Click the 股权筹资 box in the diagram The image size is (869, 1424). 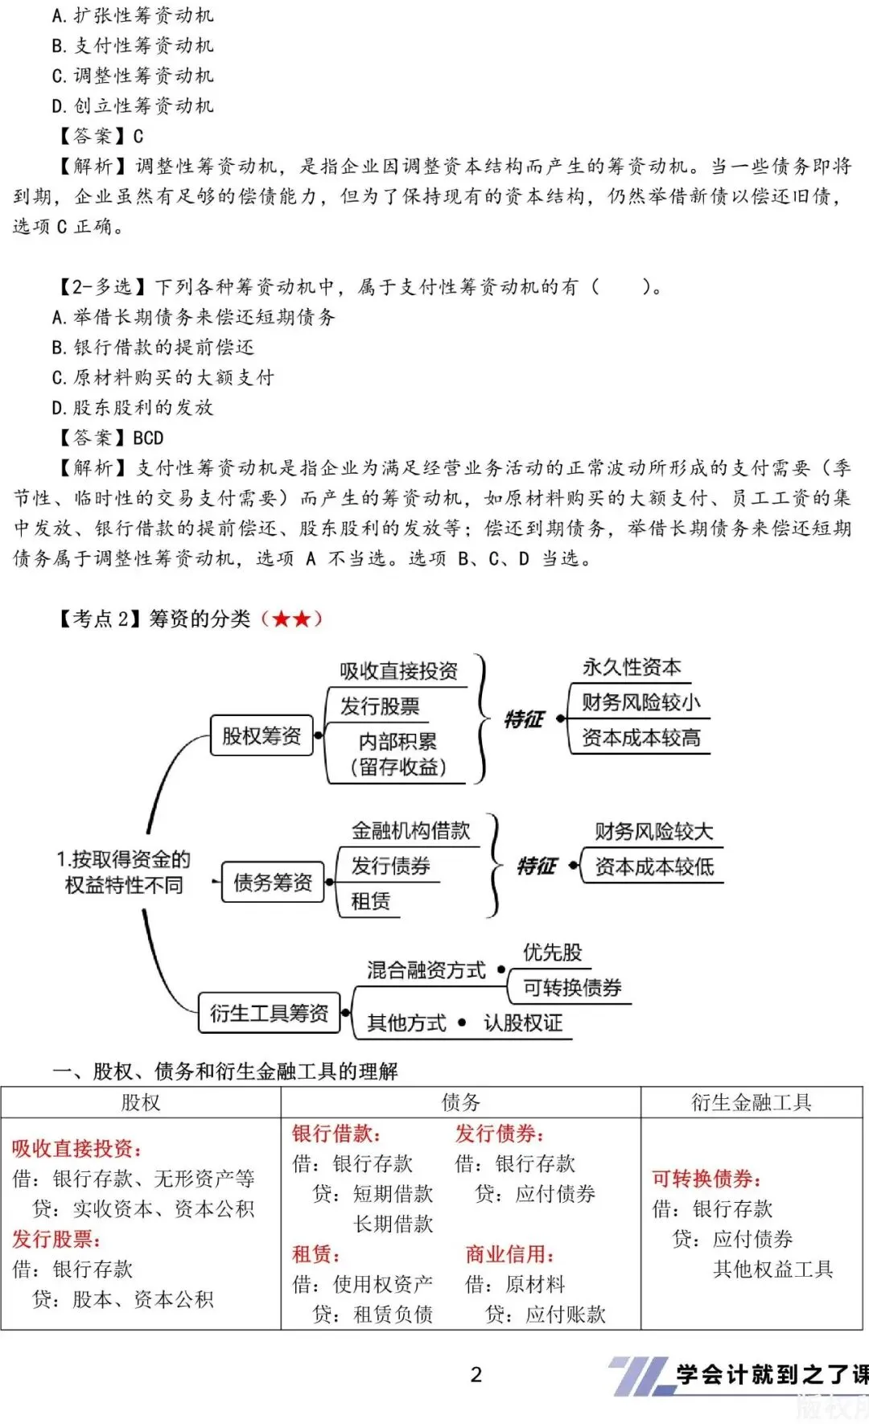[262, 736]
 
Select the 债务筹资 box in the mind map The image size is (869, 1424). [273, 883]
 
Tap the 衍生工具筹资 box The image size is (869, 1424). [269, 1013]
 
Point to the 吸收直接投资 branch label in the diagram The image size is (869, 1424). [398, 671]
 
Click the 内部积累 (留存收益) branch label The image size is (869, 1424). [398, 754]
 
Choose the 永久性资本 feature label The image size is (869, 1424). [632, 667]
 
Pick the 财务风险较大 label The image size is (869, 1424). [653, 831]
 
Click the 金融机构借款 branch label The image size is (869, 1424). [410, 830]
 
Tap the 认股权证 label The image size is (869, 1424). [523, 1023]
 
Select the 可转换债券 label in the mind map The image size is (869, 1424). [572, 987]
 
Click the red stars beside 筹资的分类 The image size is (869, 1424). [291, 619]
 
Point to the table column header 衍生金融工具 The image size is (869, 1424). [752, 1102]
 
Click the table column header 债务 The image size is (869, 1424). [460, 1102]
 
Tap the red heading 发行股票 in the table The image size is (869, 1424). [56, 1239]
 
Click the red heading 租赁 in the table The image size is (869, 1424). [315, 1254]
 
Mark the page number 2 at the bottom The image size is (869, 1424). [476, 1374]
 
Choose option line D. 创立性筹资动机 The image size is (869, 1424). [133, 106]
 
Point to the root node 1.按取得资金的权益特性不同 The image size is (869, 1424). [124, 872]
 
